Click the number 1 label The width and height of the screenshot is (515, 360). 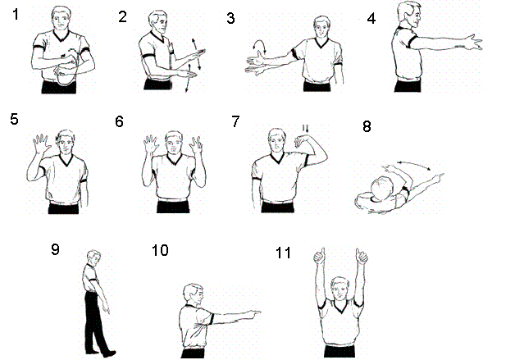(16, 15)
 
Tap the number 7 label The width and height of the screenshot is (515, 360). (235, 121)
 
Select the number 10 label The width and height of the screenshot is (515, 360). (160, 250)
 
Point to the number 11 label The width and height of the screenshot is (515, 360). (283, 253)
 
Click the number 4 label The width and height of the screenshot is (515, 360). (371, 18)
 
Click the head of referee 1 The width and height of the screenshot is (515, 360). (61, 19)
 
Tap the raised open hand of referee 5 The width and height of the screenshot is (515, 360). (41, 144)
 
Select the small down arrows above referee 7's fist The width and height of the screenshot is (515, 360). (306, 129)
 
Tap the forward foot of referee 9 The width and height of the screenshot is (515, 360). (109, 354)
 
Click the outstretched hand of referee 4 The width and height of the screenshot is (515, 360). (474, 43)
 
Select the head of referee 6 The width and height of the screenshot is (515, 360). (174, 142)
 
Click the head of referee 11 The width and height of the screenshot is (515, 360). (340, 289)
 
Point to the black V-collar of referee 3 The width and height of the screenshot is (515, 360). (321, 43)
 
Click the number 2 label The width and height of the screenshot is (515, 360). (122, 16)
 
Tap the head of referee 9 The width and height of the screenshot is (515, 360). (93, 257)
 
